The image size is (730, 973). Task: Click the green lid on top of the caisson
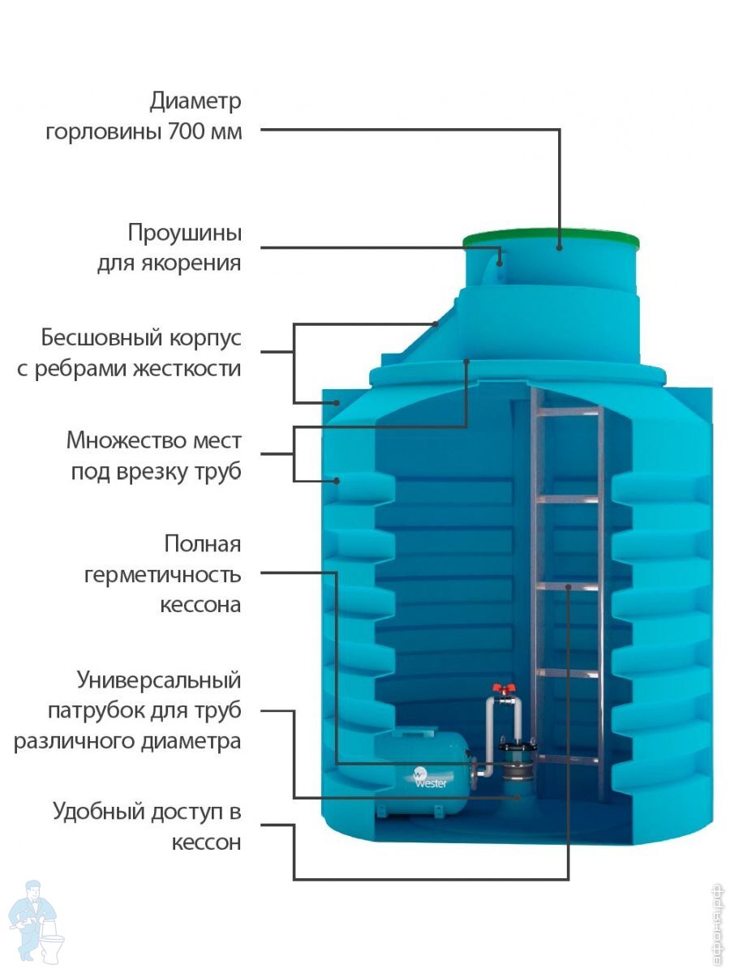pyautogui.click(x=551, y=238)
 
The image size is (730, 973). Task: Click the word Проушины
pyautogui.click(x=184, y=234)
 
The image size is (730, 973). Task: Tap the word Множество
pyautogui.click(x=122, y=440)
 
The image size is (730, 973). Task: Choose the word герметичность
pyautogui.click(x=163, y=576)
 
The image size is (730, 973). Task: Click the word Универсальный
pyautogui.click(x=159, y=680)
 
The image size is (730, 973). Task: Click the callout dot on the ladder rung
pyautogui.click(x=569, y=587)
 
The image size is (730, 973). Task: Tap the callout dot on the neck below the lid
pyautogui.click(x=560, y=248)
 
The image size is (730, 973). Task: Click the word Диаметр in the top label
pyautogui.click(x=195, y=101)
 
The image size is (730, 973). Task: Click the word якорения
pyautogui.click(x=191, y=264)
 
